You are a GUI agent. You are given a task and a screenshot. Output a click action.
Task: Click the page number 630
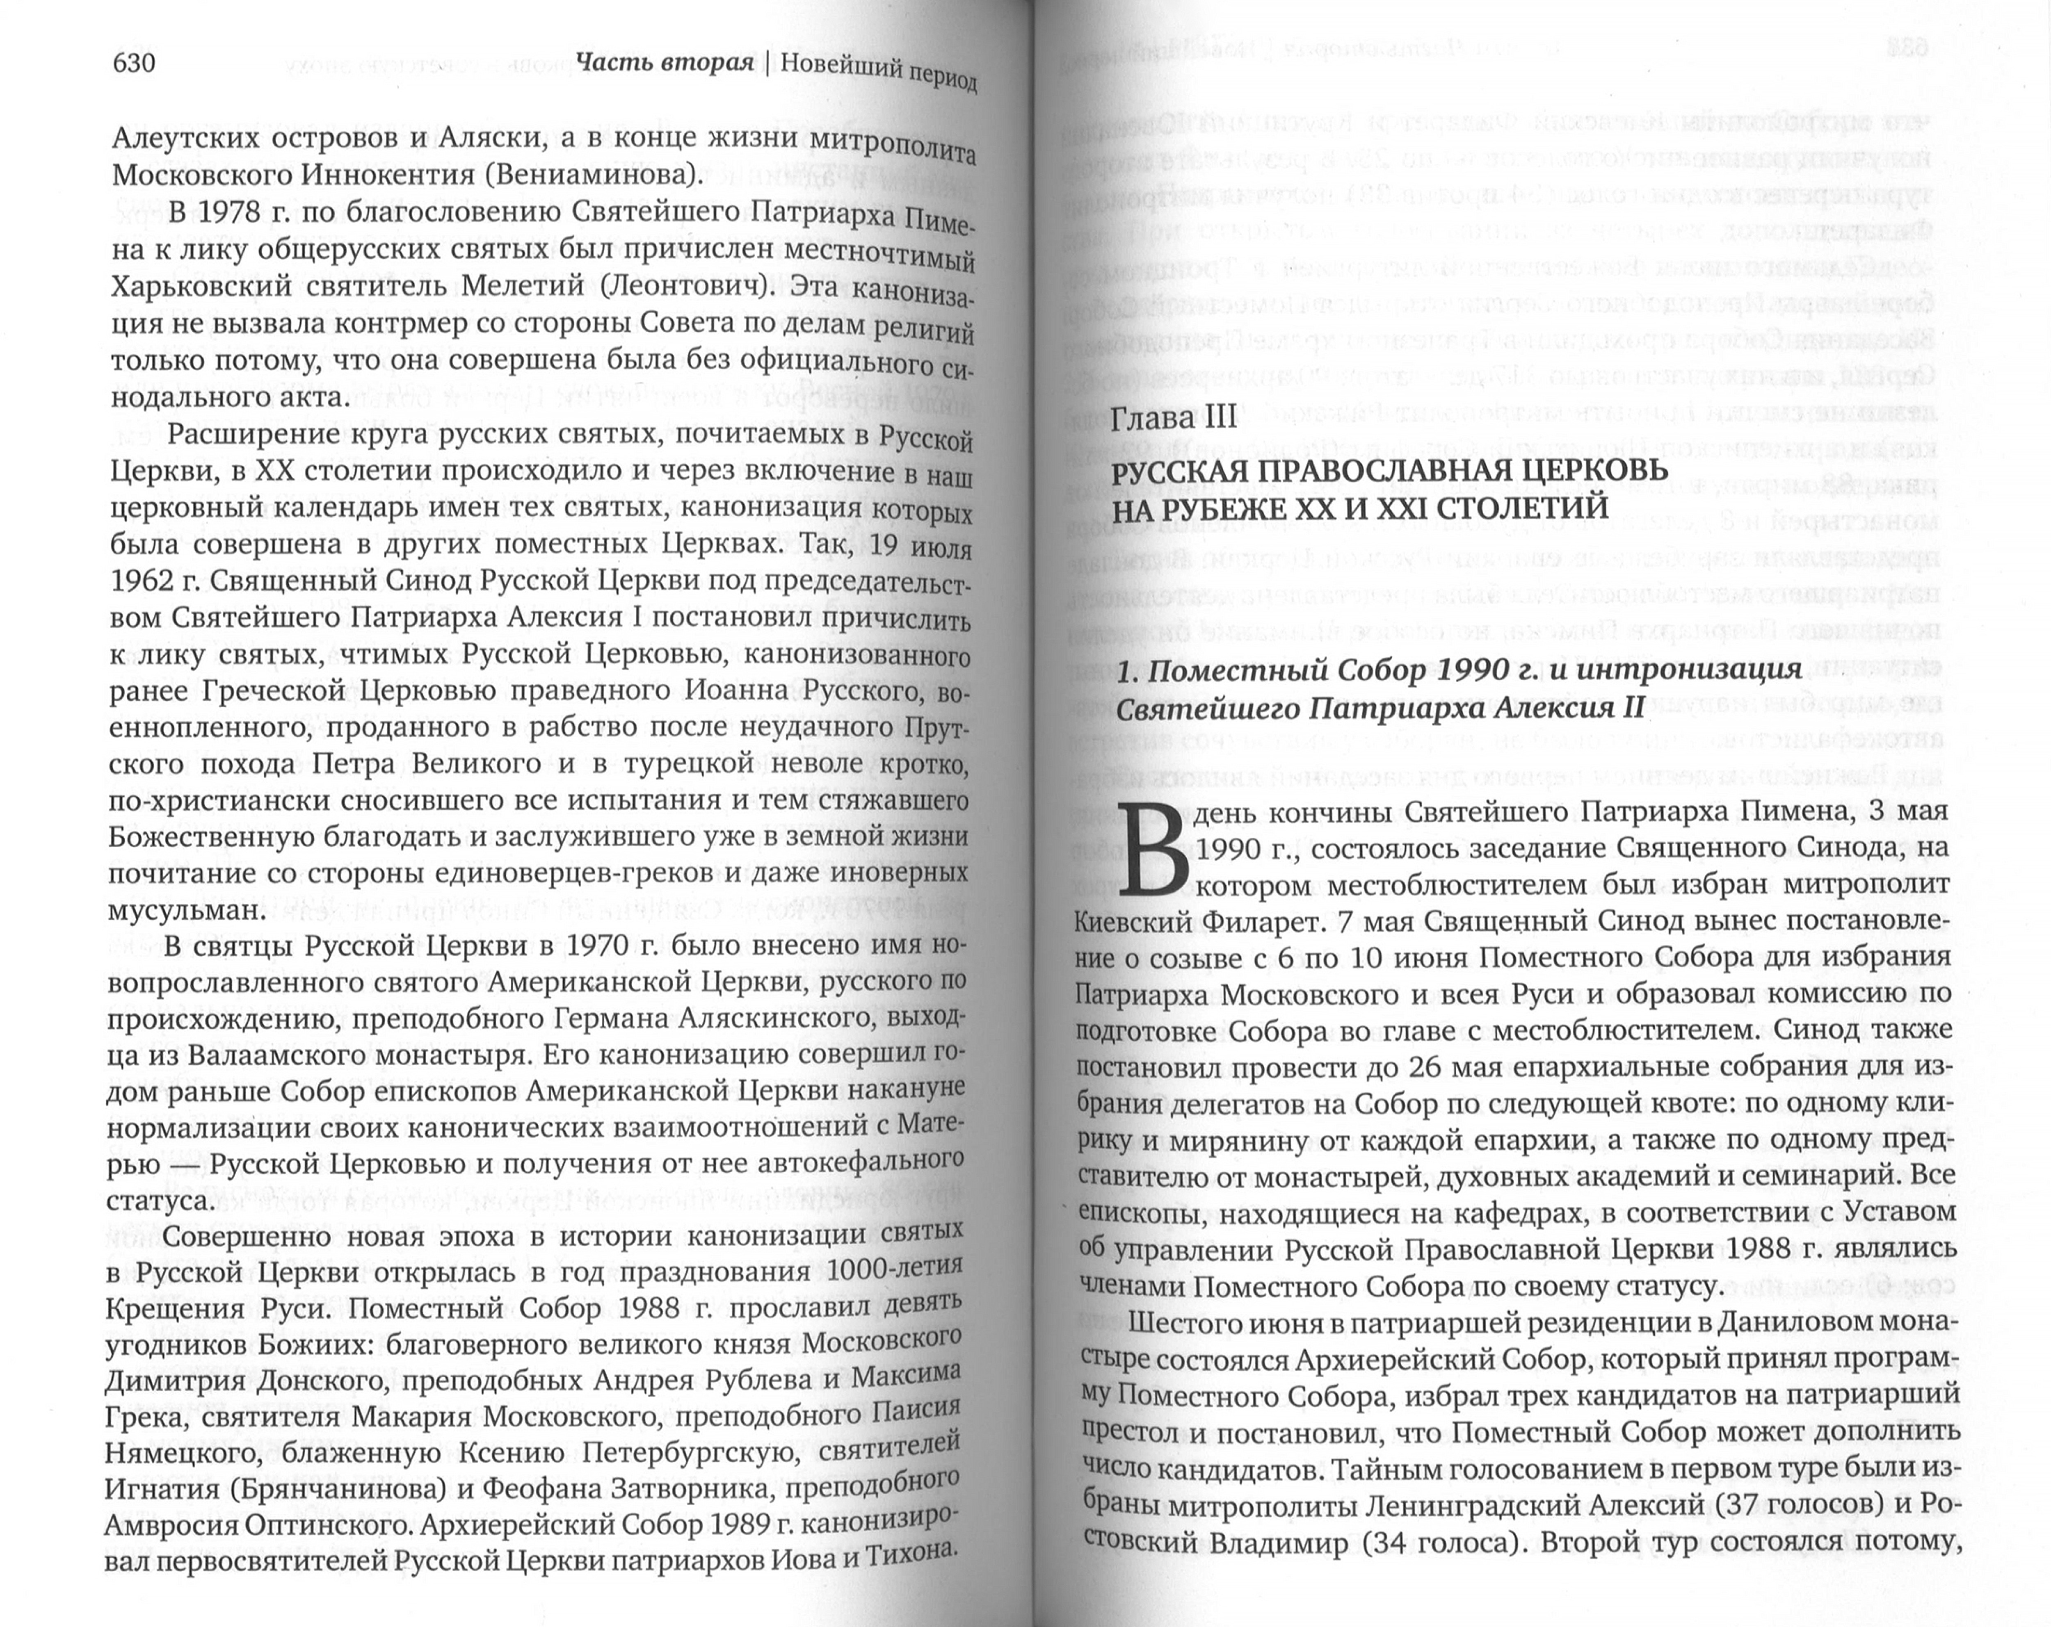133,63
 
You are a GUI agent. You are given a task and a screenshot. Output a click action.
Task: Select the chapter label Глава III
1174,418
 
